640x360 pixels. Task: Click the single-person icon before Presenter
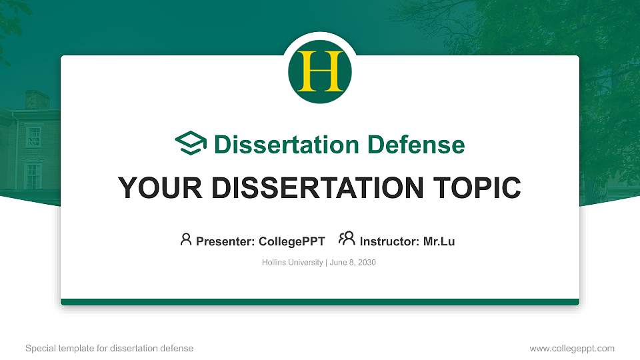(x=186, y=239)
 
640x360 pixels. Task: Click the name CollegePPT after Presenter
(x=292, y=241)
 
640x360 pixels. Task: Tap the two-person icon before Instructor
(x=347, y=239)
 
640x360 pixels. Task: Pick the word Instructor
(x=387, y=241)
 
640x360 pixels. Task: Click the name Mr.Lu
(x=439, y=241)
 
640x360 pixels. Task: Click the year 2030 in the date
(x=367, y=263)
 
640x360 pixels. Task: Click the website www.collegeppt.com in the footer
(x=572, y=349)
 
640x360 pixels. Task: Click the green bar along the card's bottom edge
(x=320, y=302)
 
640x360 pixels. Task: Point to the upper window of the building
(x=33, y=137)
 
